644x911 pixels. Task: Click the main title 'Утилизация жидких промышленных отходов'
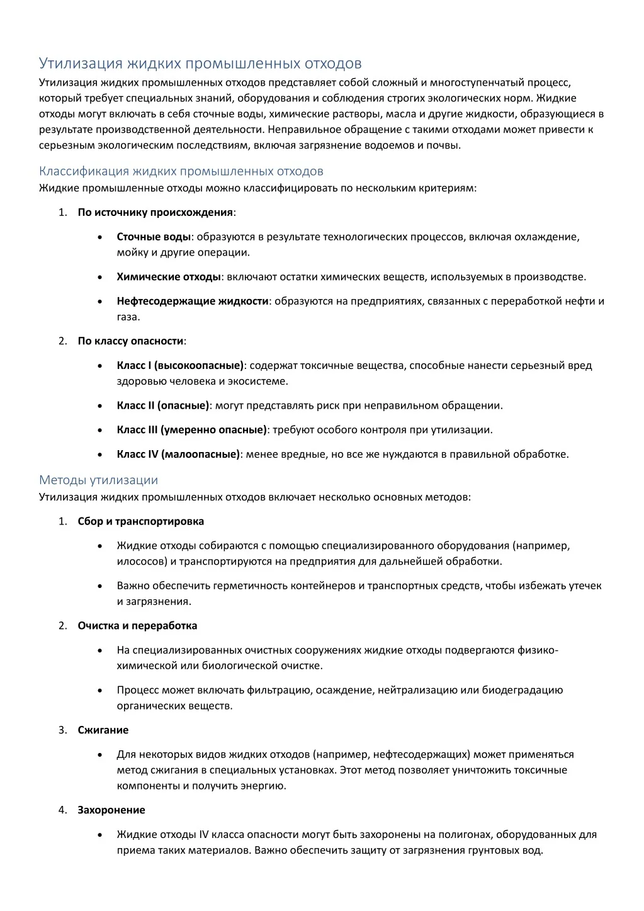[x=200, y=64]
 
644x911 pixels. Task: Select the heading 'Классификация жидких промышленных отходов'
[x=181, y=171]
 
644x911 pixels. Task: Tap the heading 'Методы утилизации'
[x=98, y=480]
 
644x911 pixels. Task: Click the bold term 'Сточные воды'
[x=154, y=237]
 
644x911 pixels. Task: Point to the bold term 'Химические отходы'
[x=169, y=277]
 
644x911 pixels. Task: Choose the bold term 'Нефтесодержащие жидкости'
[x=193, y=301]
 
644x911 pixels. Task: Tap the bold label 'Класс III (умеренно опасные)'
[x=192, y=430]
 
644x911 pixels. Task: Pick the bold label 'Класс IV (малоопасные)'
[x=178, y=454]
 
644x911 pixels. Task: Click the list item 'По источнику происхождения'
[x=155, y=212]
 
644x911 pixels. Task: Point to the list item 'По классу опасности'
[x=131, y=341]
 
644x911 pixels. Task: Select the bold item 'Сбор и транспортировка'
[x=141, y=521]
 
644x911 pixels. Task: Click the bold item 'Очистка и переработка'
[x=137, y=626]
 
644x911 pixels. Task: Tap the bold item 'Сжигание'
[x=103, y=730]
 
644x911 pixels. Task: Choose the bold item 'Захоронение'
[x=111, y=810]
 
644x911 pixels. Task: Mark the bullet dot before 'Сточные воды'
[x=101, y=237]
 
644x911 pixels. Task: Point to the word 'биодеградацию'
[x=523, y=690]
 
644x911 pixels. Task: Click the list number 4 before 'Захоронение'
[x=62, y=810]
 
